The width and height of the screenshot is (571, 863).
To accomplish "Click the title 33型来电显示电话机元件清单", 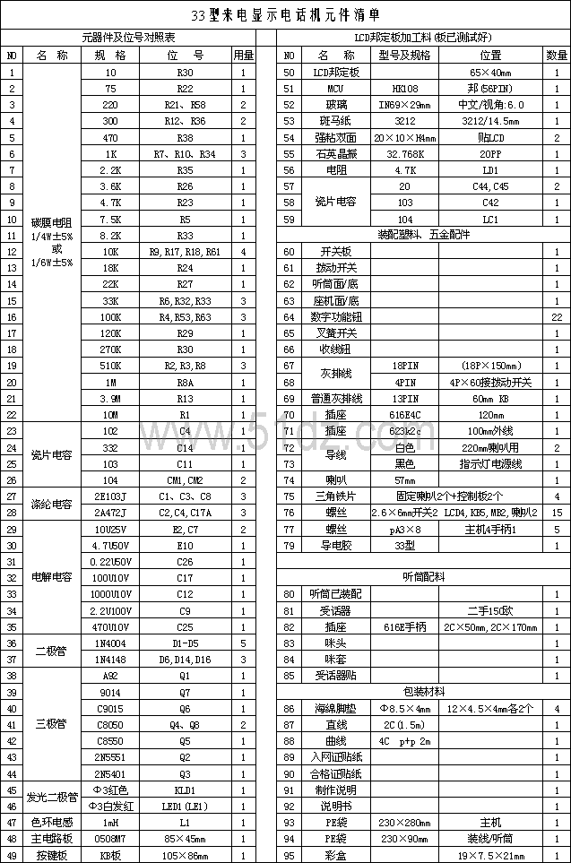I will coord(286,15).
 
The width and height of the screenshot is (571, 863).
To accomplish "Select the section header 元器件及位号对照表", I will coord(128,38).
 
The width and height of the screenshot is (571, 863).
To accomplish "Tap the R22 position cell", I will coord(185,89).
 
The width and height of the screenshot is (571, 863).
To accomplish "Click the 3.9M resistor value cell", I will coord(111,398).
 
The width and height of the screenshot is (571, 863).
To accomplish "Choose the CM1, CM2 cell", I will coord(185,480).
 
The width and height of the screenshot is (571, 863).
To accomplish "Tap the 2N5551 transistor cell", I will coord(111,756).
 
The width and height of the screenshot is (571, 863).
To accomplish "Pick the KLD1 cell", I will coord(185,790).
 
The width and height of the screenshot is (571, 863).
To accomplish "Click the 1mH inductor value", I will coord(111,822).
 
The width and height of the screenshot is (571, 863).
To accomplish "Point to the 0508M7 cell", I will coord(111,839).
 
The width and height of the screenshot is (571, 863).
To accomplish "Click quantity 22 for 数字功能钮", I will coord(557,316).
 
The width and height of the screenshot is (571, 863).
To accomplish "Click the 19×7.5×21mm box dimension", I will coord(490,855).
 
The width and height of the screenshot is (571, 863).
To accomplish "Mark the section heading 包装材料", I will coord(423,692).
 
